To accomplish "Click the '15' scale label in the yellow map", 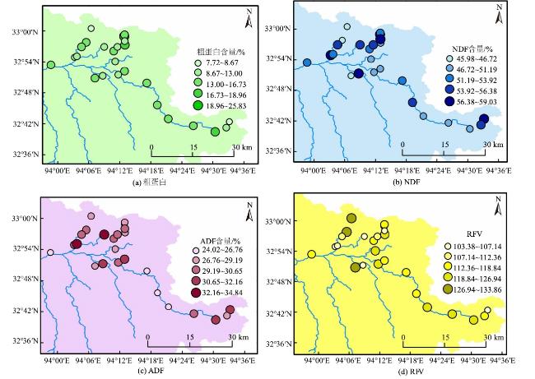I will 446,337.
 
